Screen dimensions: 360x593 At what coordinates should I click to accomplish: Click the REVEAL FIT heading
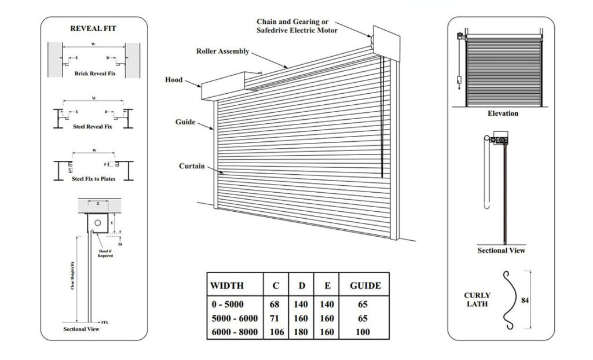pyautogui.click(x=93, y=28)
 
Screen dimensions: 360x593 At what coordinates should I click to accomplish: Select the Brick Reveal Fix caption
pyautogui.click(x=93, y=74)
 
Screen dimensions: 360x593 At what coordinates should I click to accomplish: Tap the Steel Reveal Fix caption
pyautogui.click(x=93, y=126)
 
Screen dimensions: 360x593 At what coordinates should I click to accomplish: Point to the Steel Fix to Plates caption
pyautogui.click(x=93, y=179)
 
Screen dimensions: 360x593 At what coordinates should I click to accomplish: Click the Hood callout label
pyautogui.click(x=174, y=80)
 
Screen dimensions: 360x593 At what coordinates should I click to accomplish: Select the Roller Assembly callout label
pyautogui.click(x=222, y=52)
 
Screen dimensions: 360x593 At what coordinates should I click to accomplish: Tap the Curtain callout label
pyautogui.click(x=192, y=167)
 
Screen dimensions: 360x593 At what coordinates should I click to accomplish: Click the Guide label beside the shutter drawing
pyautogui.click(x=185, y=123)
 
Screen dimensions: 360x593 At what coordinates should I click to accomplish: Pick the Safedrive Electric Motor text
pyautogui.click(x=297, y=30)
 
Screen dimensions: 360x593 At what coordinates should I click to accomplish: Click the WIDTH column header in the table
pyautogui.click(x=227, y=285)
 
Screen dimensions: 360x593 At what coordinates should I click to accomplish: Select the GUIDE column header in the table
pyautogui.click(x=365, y=285)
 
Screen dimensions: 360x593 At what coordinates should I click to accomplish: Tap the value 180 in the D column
pyautogui.click(x=302, y=332)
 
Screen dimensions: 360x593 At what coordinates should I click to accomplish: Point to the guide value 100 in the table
pyautogui.click(x=364, y=332)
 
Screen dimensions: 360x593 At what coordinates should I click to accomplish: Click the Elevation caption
pyautogui.click(x=503, y=113)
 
